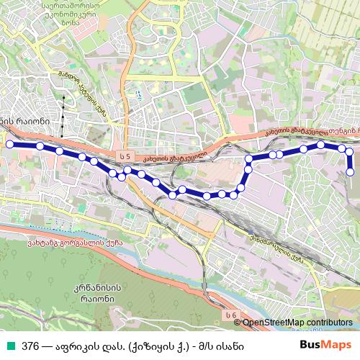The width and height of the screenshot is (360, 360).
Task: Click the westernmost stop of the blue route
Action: click(x=10, y=144)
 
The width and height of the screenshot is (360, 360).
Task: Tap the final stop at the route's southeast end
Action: click(x=351, y=171)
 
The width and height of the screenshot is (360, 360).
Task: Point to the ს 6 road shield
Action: click(x=230, y=315)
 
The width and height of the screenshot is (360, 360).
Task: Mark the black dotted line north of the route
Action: click(x=63, y=115)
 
